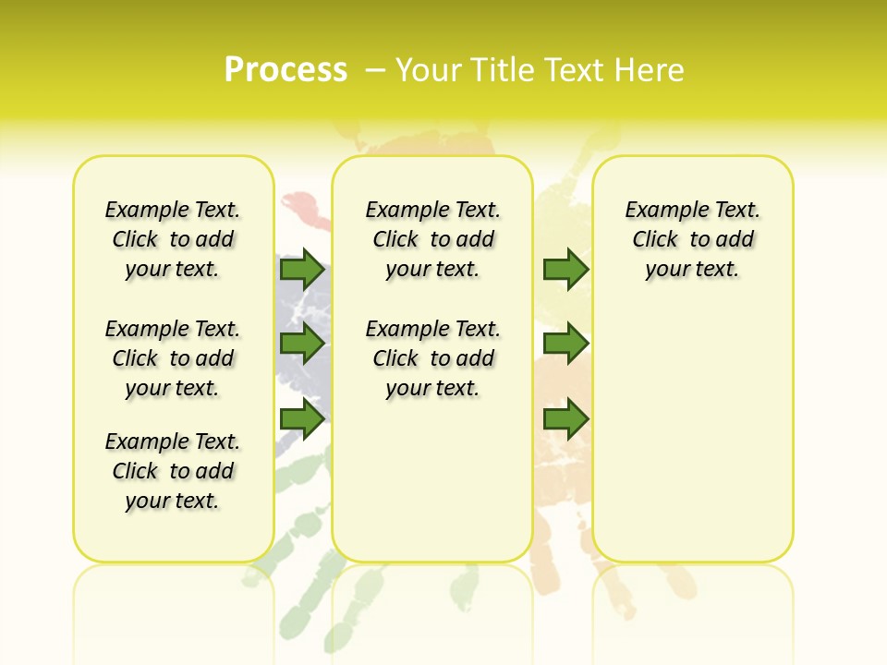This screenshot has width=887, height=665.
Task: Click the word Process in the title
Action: click(286, 69)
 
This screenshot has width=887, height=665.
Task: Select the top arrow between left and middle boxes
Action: click(302, 269)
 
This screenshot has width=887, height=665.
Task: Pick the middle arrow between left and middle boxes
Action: click(302, 345)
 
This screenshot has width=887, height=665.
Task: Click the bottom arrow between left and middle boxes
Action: click(302, 419)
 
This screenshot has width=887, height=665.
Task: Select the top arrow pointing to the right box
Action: click(565, 269)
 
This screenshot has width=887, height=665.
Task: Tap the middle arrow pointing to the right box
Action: click(565, 345)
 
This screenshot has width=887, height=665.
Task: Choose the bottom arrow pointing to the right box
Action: click(565, 419)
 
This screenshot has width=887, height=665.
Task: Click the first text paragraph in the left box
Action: click(173, 239)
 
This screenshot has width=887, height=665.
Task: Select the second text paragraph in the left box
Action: click(173, 358)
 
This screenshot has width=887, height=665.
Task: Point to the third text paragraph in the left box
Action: click(173, 471)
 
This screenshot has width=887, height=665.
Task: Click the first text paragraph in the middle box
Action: click(432, 239)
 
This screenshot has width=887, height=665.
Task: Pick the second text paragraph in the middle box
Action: click(432, 358)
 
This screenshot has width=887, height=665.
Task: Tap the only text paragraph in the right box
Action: click(692, 239)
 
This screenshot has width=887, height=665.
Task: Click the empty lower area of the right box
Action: click(692, 434)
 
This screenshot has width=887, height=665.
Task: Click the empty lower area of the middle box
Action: click(432, 480)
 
